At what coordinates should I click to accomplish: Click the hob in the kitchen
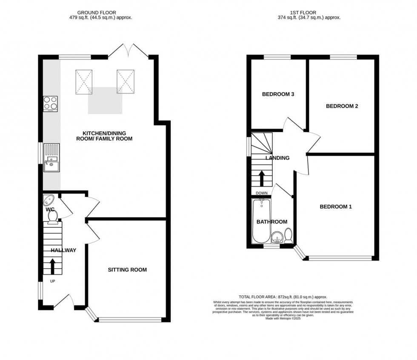50,103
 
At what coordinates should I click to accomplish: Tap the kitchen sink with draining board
51,157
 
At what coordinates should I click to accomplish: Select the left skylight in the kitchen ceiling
84,81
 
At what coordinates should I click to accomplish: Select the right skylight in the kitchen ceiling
126,81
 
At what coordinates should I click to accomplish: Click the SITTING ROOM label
127,270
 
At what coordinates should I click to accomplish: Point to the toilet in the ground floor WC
53,217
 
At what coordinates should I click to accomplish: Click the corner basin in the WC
48,200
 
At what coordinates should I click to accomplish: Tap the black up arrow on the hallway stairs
53,266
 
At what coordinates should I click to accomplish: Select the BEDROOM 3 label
278,94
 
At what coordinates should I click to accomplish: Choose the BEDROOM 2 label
342,106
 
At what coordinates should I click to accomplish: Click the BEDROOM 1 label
336,207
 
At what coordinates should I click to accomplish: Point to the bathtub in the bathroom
260,221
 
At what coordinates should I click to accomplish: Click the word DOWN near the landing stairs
262,193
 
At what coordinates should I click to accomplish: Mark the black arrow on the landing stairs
262,178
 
